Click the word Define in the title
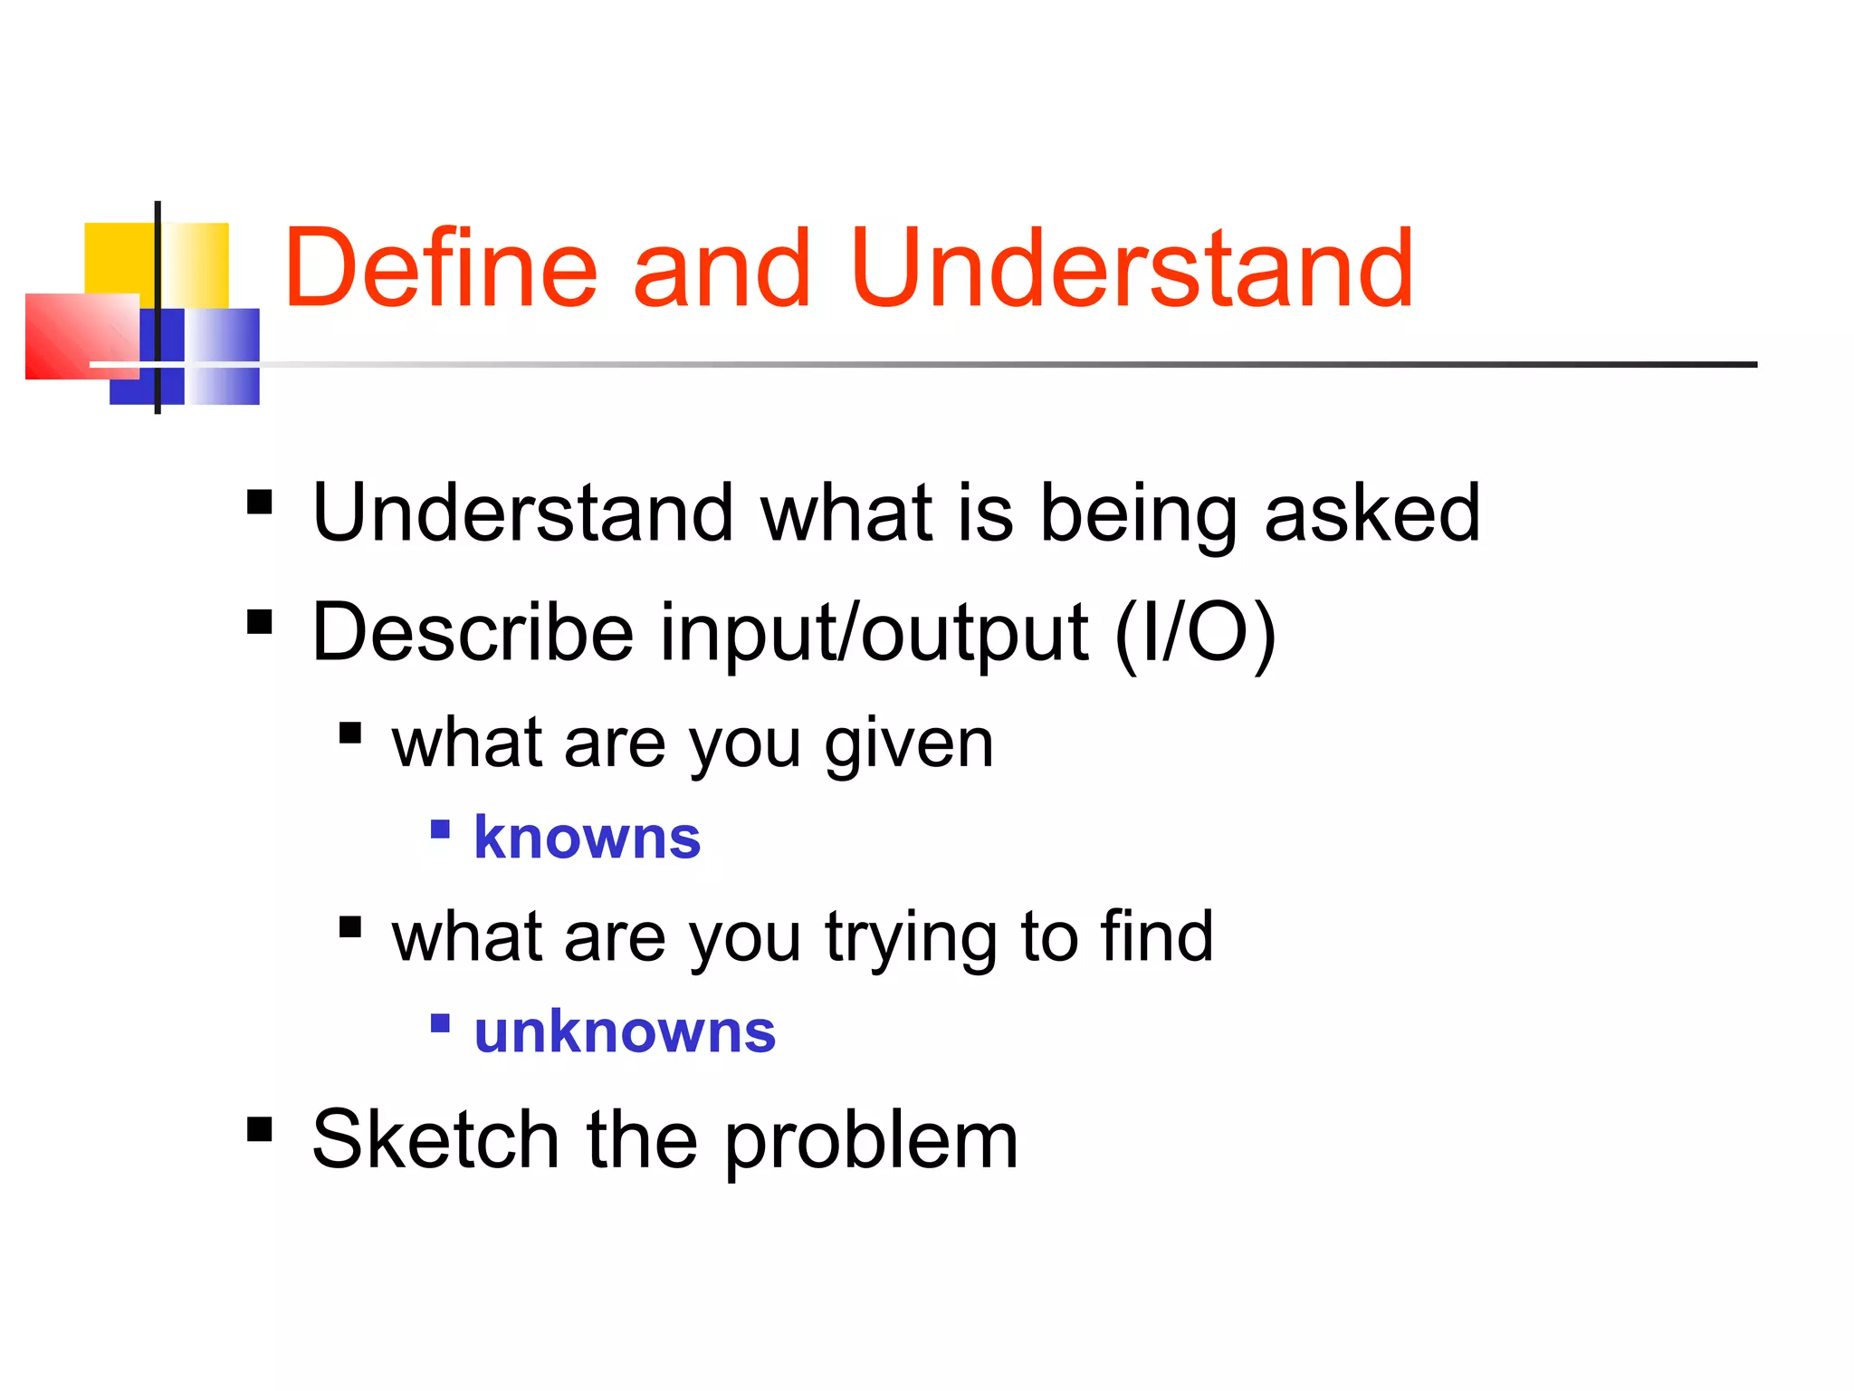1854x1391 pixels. (441, 269)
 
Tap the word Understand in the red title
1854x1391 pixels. (1132, 269)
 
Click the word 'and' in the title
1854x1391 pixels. (722, 269)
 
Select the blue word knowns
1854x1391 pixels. (588, 837)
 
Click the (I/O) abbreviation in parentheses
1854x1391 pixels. (1195, 634)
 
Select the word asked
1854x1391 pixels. (1371, 513)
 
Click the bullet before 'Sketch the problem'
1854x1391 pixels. (260, 1128)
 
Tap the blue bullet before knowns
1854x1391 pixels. (440, 829)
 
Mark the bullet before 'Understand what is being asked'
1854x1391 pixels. (260, 502)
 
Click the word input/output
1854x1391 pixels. (874, 634)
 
